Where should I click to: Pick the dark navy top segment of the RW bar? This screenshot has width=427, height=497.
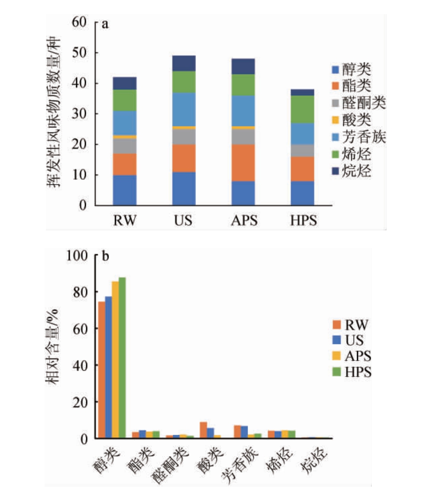[x=125, y=83]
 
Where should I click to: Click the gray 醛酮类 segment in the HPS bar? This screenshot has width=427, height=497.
[x=302, y=151]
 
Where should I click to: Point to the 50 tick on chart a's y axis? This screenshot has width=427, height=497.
[x=84, y=53]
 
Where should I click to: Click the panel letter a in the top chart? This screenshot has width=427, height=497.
[x=105, y=24]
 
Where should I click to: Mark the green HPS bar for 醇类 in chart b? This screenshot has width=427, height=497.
[x=122, y=358]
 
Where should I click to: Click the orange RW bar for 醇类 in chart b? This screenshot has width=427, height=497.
[x=102, y=370]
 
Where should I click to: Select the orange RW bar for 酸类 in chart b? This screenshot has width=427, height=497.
[x=203, y=430]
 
